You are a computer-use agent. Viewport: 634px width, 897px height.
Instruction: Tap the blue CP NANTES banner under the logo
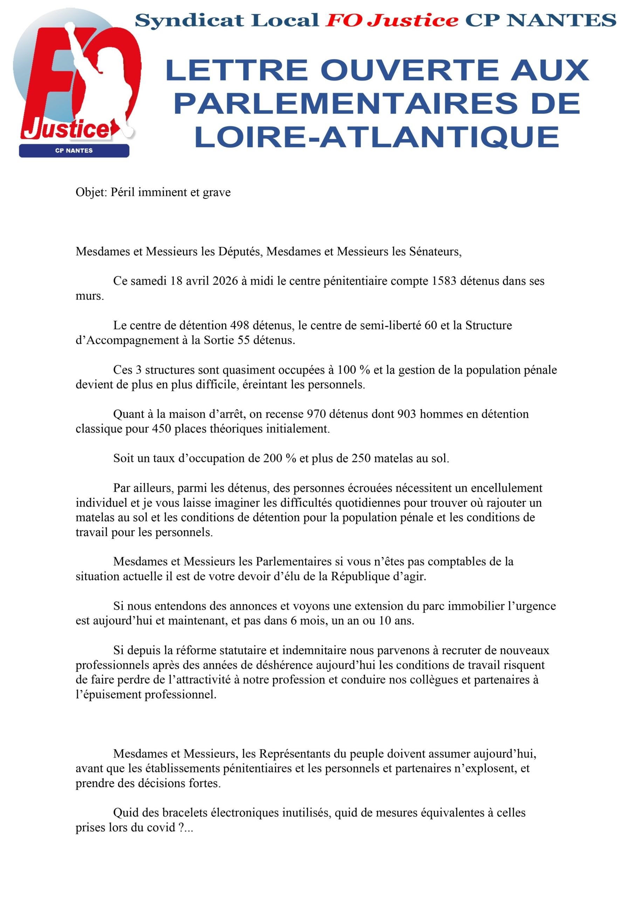(74, 151)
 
